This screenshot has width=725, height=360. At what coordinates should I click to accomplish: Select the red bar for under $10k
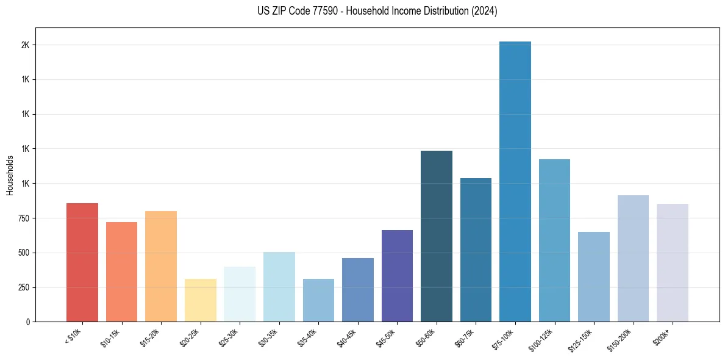pyautogui.click(x=82, y=262)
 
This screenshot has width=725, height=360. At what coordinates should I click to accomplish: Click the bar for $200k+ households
pyautogui.click(x=673, y=262)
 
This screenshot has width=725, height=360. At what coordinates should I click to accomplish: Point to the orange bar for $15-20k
pyautogui.click(x=161, y=266)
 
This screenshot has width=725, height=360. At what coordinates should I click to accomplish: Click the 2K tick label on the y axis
pyautogui.click(x=25, y=45)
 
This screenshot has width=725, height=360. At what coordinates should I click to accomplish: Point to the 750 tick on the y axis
pyautogui.click(x=23, y=218)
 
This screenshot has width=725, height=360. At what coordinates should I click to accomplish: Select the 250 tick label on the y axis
pyautogui.click(x=23, y=287)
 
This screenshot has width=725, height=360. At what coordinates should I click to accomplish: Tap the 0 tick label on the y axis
pyautogui.click(x=27, y=322)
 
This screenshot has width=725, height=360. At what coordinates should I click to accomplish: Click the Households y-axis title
pyautogui.click(x=10, y=175)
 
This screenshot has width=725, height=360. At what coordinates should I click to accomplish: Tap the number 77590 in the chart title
pyautogui.click(x=310, y=11)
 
